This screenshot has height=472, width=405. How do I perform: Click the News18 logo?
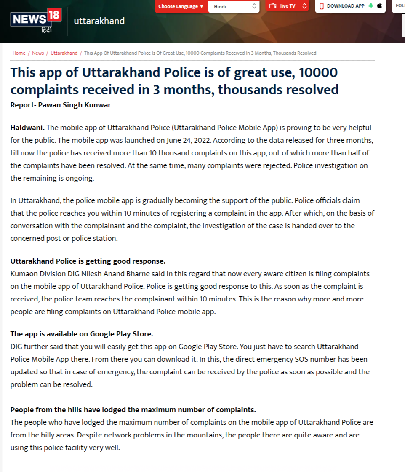(36, 21)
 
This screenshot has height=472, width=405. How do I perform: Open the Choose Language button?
(181, 6)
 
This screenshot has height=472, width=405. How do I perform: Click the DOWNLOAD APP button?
(345, 6)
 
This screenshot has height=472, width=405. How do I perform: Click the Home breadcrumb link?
(19, 53)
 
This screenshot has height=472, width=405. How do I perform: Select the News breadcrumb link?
(38, 53)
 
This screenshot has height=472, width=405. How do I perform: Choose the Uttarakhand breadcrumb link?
(64, 53)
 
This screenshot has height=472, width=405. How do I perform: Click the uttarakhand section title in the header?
(99, 21)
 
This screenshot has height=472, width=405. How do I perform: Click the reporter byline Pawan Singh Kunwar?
(75, 105)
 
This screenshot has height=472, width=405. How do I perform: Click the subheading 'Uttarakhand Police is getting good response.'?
(88, 261)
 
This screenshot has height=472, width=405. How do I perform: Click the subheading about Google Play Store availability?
(81, 334)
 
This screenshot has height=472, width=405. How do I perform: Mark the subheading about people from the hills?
(133, 410)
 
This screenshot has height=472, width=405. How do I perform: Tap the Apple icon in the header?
(379, 6)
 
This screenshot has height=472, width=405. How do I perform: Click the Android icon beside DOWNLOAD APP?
(370, 6)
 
